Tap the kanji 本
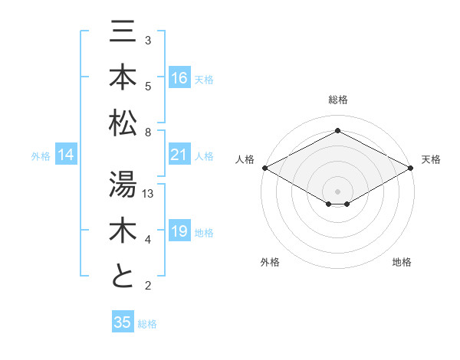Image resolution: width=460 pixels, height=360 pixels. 123,77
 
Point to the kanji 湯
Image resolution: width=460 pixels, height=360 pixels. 123,185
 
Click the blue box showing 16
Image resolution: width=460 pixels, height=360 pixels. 179,78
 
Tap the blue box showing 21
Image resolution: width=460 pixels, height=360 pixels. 179,155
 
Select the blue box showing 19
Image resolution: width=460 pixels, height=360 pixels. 179,231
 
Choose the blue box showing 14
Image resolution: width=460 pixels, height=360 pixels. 66,155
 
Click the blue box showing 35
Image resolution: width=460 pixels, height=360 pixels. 123,322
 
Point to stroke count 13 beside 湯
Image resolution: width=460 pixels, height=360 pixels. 149,194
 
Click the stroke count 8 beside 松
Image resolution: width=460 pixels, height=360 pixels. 148,133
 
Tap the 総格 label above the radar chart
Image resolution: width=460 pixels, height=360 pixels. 337,100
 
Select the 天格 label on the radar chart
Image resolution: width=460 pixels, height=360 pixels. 431,159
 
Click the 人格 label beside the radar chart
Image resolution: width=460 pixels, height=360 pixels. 245,159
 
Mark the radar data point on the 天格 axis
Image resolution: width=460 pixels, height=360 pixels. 411,168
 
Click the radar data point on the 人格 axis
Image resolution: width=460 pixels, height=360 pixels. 264,168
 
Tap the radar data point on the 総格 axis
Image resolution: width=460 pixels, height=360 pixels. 337,130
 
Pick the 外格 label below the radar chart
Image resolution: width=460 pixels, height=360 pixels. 270,262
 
